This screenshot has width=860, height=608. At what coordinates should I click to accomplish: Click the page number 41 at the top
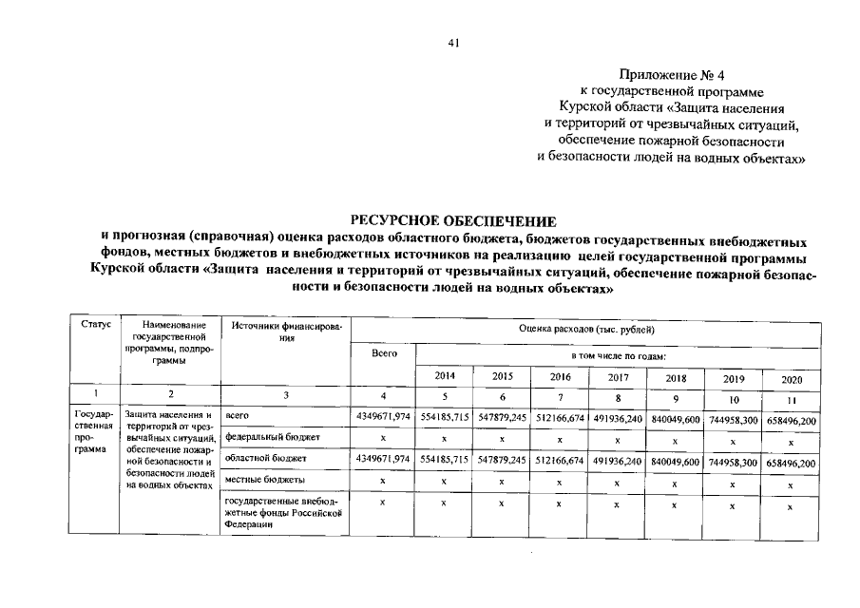click(454, 42)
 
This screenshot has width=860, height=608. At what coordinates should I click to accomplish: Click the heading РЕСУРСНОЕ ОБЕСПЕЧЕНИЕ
click(454, 220)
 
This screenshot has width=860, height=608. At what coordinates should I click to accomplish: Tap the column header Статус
click(95, 326)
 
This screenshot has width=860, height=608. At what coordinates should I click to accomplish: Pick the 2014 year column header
click(445, 376)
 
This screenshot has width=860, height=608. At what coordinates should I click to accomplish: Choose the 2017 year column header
click(617, 377)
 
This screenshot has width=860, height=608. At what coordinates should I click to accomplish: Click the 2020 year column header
click(792, 379)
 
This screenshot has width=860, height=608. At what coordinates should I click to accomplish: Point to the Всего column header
click(385, 352)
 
